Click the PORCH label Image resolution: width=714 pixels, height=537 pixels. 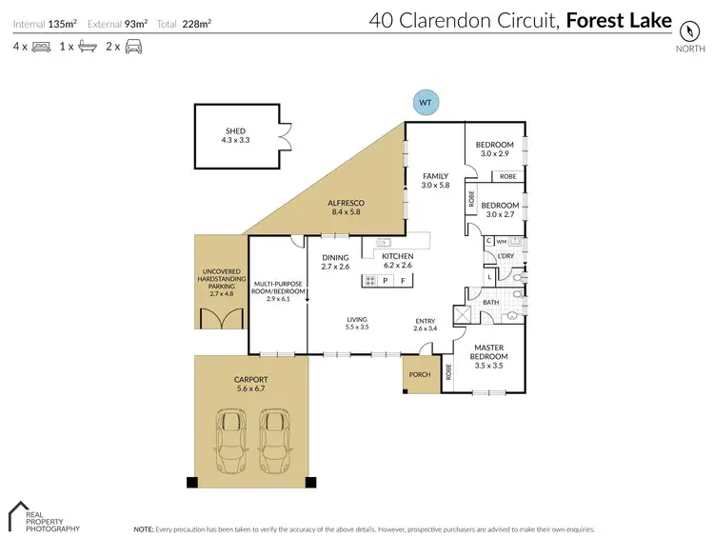click(420, 374)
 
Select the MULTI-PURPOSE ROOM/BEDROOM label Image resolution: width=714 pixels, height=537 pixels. click(277, 288)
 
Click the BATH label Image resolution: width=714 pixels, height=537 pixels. click(490, 302)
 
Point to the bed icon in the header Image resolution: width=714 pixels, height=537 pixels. click(41, 46)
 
